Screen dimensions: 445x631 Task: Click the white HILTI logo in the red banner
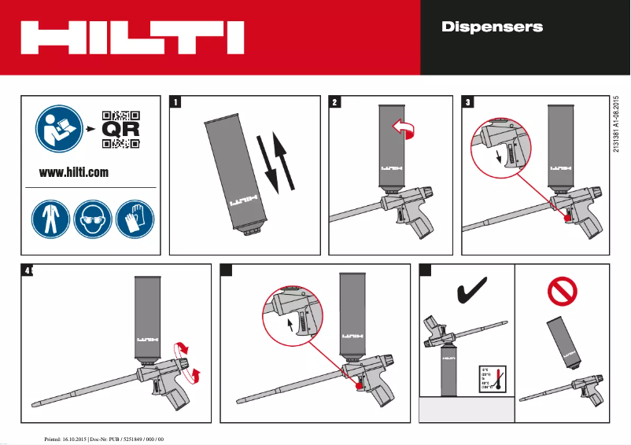click(x=132, y=38)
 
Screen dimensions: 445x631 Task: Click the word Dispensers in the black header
click(x=492, y=27)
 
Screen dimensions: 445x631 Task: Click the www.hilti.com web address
click(x=74, y=172)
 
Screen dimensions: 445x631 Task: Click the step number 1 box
click(x=176, y=101)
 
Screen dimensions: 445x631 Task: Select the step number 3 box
click(x=469, y=101)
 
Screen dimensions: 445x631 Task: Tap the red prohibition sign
click(x=562, y=292)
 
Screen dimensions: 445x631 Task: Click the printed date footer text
click(x=104, y=437)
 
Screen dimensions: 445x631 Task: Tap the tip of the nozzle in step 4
click(x=34, y=404)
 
